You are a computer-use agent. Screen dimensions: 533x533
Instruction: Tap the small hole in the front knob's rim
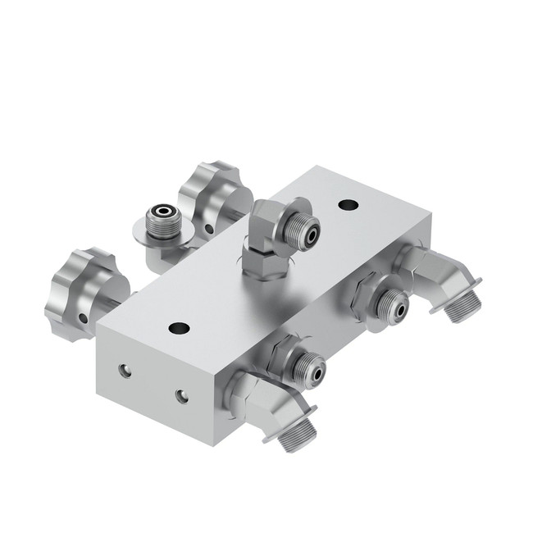[84, 317]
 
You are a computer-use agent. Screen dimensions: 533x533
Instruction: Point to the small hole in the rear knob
[209, 229]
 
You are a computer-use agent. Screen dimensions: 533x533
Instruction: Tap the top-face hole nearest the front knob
[179, 328]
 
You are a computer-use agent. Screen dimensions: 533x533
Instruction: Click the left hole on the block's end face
[124, 371]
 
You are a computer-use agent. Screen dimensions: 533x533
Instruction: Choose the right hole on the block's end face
[181, 396]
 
